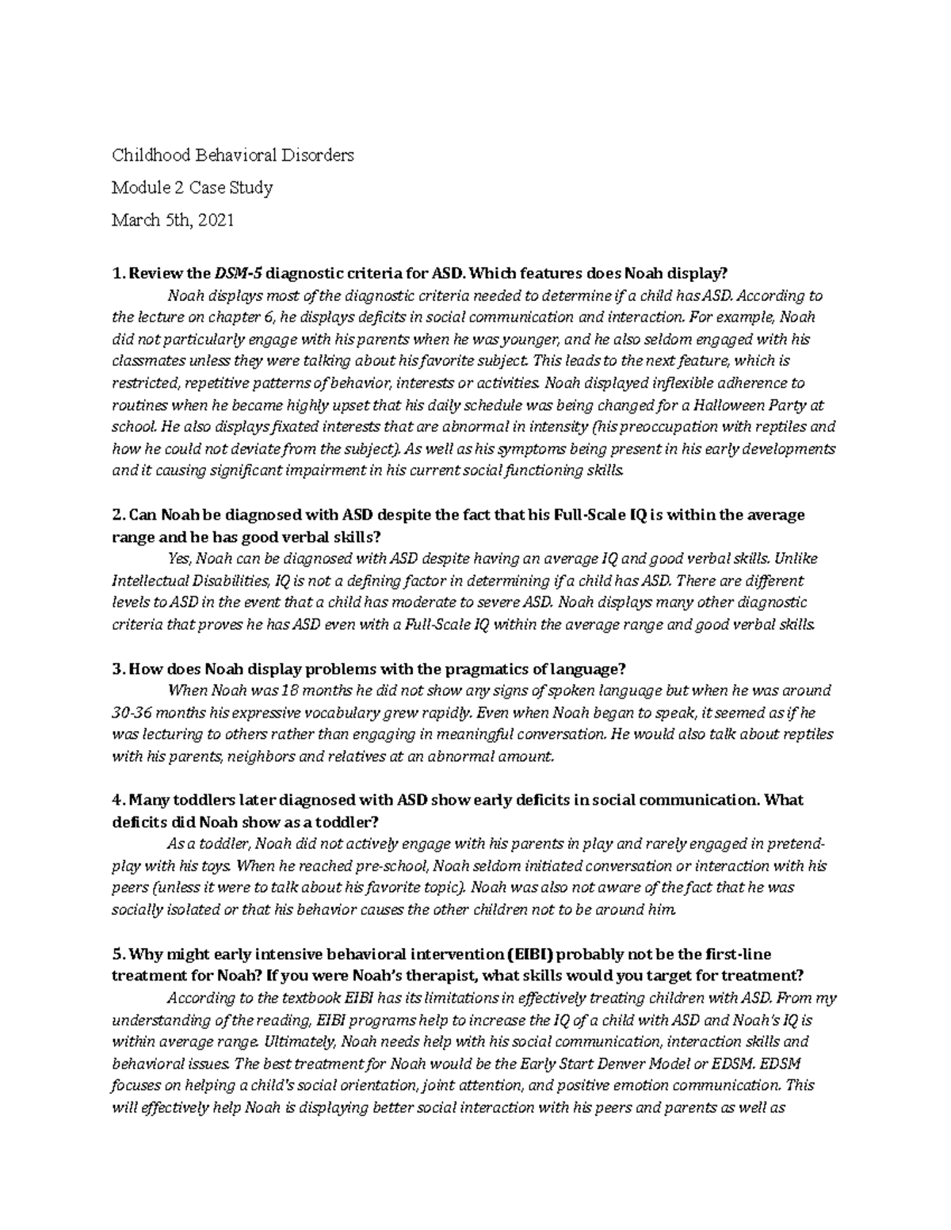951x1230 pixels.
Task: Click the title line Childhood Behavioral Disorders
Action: pyautogui.click(x=232, y=155)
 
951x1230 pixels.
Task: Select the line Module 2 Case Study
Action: pyautogui.click(x=192, y=188)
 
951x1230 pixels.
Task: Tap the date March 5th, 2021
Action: pyautogui.click(x=173, y=220)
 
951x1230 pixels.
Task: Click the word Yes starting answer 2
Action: pyautogui.click(x=180, y=558)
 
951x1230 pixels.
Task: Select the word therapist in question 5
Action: pyautogui.click(x=445, y=975)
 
